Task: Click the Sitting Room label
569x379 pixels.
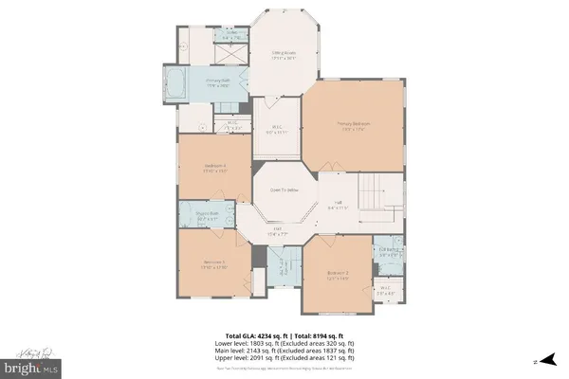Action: pyautogui.click(x=284, y=54)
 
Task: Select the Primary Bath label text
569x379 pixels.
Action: pyautogui.click(x=220, y=82)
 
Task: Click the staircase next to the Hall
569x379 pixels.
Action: pyautogui.click(x=376, y=194)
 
